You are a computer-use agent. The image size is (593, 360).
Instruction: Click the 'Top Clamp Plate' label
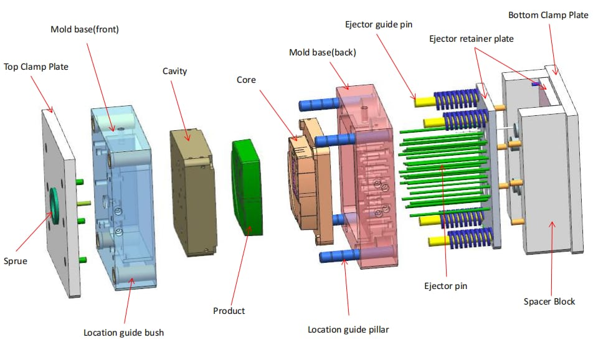(x=36, y=66)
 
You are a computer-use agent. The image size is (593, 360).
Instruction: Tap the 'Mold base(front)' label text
(x=85, y=29)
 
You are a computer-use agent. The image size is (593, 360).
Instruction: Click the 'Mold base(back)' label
(x=323, y=52)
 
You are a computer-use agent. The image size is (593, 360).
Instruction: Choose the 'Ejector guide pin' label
(x=379, y=24)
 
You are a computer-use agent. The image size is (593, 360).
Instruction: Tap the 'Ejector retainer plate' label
(x=472, y=39)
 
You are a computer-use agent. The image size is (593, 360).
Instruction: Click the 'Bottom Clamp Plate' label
(x=548, y=14)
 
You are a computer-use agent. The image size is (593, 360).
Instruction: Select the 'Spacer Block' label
(x=549, y=302)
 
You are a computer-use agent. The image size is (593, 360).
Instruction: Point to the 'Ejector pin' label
(x=445, y=286)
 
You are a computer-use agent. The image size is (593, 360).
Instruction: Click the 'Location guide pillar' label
(x=348, y=329)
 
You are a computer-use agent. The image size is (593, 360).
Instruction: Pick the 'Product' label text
(x=229, y=310)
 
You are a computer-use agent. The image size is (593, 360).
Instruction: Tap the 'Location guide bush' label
(x=124, y=333)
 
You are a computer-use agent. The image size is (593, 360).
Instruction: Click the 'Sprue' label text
(x=16, y=261)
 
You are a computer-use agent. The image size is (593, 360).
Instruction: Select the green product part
(x=248, y=187)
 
